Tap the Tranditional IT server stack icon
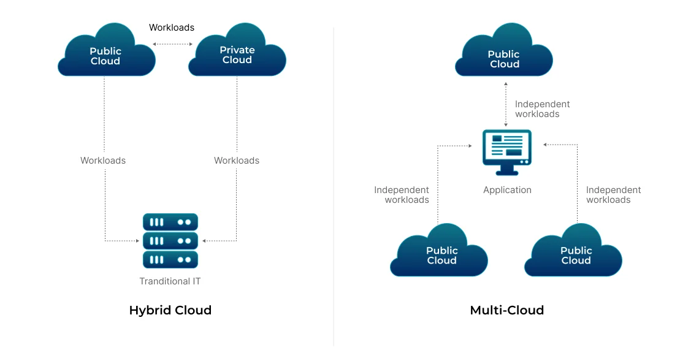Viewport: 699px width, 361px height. tap(170, 240)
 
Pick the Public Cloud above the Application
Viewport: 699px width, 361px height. tap(504, 56)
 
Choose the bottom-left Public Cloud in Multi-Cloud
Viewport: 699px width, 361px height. tap(440, 253)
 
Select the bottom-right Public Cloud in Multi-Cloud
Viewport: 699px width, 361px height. tap(574, 253)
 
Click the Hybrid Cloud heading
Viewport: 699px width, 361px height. tap(170, 310)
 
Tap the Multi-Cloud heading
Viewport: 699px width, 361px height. tap(506, 310)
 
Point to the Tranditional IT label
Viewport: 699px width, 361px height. tap(170, 281)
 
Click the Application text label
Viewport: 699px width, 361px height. tap(507, 190)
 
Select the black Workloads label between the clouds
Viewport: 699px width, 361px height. tap(172, 28)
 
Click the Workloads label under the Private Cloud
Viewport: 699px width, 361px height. tap(237, 161)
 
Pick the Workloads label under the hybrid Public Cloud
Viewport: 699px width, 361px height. tap(103, 161)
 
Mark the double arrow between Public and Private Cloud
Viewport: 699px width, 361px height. tap(172, 44)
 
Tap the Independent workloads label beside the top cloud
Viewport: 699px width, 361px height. tap(542, 109)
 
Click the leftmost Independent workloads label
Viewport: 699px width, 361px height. tap(402, 195)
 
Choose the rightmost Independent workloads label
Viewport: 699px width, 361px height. tap(613, 195)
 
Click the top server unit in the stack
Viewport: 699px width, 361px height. tap(170, 221)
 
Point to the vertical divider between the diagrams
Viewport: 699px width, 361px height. tap(334, 184)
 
